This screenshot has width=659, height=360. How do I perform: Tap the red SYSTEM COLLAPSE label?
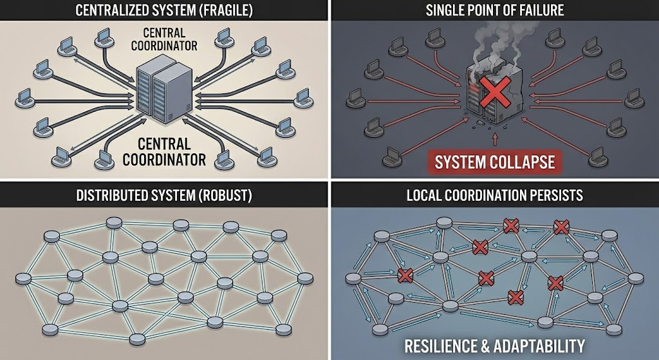click(x=494, y=161)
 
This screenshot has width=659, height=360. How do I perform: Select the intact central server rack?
click(x=164, y=90)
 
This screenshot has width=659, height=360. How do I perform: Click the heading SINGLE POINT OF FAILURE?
click(x=494, y=11)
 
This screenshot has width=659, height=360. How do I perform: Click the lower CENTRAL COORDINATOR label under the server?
click(x=164, y=151)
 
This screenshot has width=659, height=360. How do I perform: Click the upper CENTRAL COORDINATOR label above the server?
click(x=163, y=40)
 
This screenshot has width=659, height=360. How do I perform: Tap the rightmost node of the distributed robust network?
click(x=305, y=278)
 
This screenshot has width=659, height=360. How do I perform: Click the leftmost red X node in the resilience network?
click(x=405, y=275)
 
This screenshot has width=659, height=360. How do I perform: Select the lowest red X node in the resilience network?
click(x=515, y=298)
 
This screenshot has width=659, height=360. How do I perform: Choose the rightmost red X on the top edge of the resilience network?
click(x=561, y=227)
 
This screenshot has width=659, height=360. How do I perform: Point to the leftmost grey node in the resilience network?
click(x=353, y=278)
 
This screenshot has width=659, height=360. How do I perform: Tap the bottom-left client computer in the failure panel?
click(x=393, y=155)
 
